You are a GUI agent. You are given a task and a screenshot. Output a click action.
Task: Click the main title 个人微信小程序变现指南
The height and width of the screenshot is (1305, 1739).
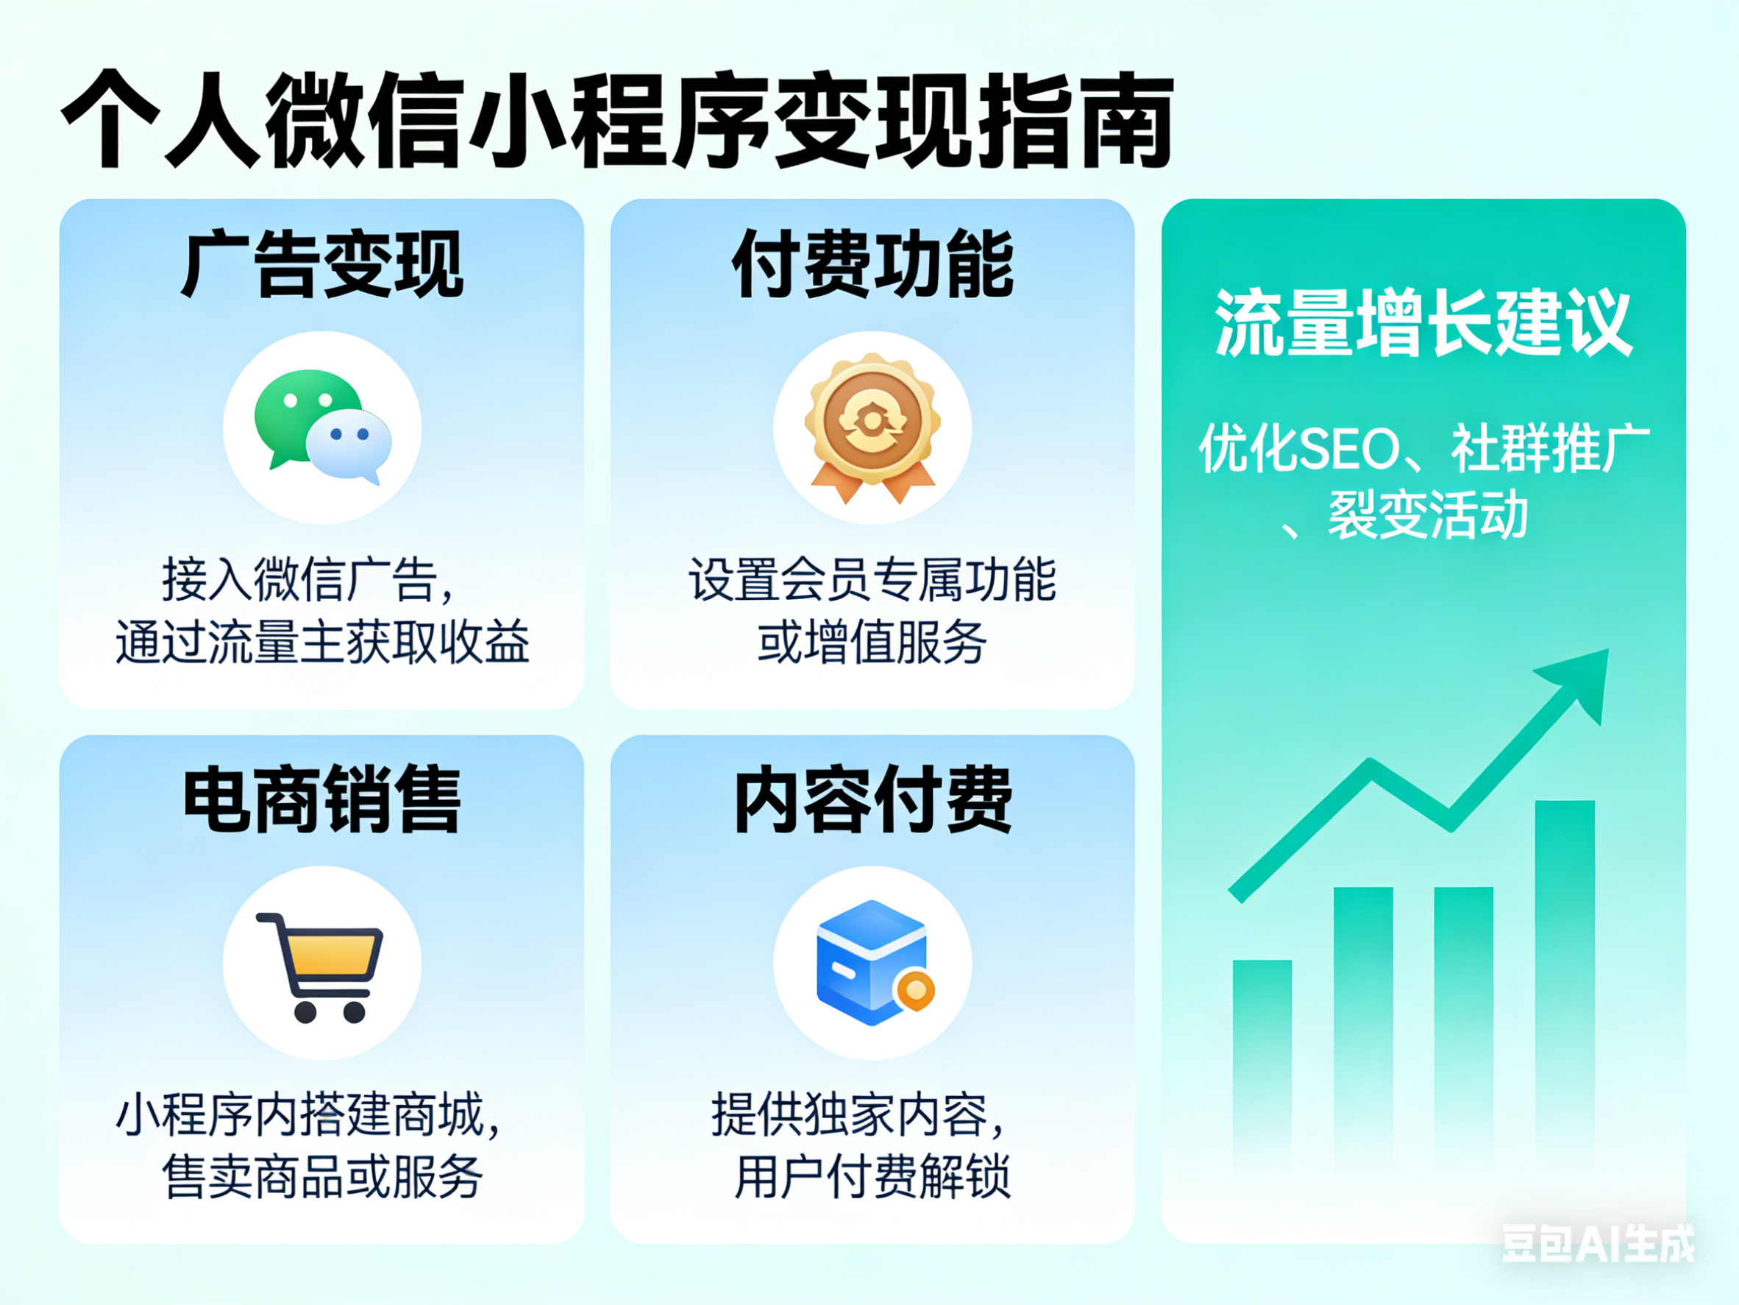click(x=617, y=119)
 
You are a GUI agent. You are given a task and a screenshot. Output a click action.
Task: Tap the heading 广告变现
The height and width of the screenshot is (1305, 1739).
click(x=321, y=265)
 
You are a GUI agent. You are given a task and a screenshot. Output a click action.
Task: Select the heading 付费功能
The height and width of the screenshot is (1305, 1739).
click(x=872, y=265)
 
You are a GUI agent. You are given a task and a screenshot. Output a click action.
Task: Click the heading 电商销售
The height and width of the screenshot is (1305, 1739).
click(x=321, y=800)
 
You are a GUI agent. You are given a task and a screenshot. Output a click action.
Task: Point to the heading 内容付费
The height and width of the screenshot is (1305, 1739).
click(x=872, y=800)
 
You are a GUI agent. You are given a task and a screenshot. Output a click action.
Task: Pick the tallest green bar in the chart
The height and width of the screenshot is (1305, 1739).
click(x=1565, y=975)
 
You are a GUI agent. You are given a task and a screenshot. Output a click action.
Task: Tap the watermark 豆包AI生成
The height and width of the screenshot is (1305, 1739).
click(x=1598, y=1244)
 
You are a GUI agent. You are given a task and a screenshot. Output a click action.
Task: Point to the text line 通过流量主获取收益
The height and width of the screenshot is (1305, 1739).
click(x=321, y=643)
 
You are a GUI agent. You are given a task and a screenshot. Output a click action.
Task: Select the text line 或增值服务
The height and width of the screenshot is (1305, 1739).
click(x=872, y=643)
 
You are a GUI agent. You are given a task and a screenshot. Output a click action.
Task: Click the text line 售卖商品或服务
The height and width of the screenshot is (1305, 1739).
click(x=321, y=1178)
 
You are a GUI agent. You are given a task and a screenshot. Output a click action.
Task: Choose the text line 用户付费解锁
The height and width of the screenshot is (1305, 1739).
click(x=872, y=1178)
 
